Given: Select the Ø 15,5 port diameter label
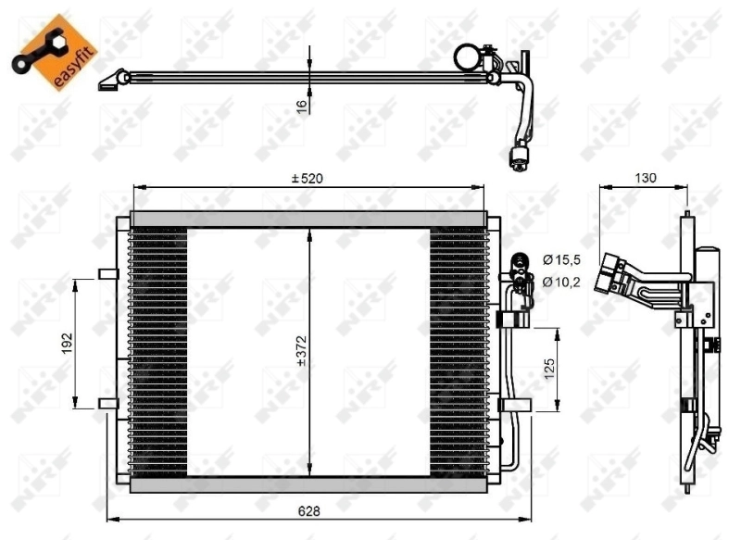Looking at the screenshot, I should coord(560,260).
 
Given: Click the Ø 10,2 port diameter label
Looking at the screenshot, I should coord(560,282).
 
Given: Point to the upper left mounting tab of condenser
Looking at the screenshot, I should coord(107,273).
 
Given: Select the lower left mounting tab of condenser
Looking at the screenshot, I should coord(107,403).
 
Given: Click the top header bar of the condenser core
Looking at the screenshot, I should coord(308,220).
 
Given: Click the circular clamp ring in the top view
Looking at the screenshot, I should coord(466,57).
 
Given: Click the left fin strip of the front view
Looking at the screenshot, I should coord(157,352).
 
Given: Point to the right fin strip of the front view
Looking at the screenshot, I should coord(458,352).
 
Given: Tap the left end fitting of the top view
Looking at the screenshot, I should coord(110,82).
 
